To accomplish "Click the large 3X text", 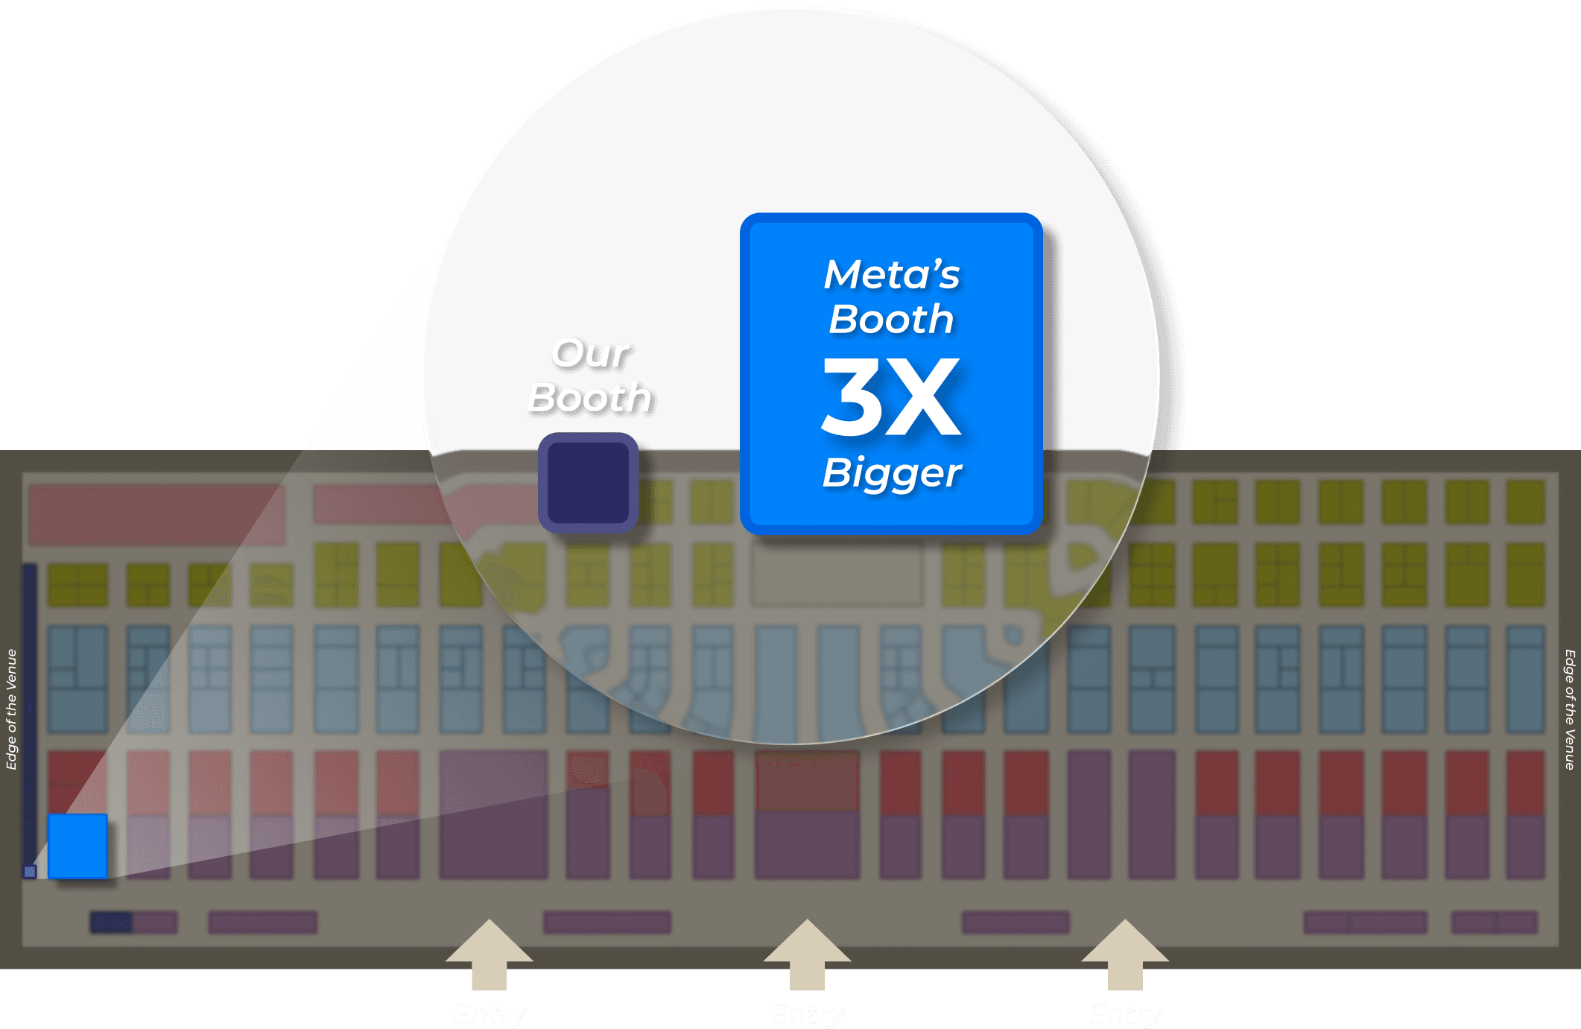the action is pos(891,396).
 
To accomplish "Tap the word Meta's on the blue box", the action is pos(891,274).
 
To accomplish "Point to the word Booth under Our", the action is pos(589,397).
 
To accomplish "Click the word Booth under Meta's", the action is pos(891,320).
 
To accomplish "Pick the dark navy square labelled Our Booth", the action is pos(589,483).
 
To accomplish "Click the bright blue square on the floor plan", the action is pos(77,846).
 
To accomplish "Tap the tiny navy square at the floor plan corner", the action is pos(31,871).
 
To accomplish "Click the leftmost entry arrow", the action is pos(489,954).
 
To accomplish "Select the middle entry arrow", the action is pos(807,954).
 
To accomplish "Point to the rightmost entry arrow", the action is pos(1125,954).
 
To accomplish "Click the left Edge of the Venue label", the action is pos(11,709).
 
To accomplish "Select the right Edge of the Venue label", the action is pos(1570,709).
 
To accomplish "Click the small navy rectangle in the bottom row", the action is pos(111,922).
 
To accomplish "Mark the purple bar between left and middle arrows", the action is pos(606,922).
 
